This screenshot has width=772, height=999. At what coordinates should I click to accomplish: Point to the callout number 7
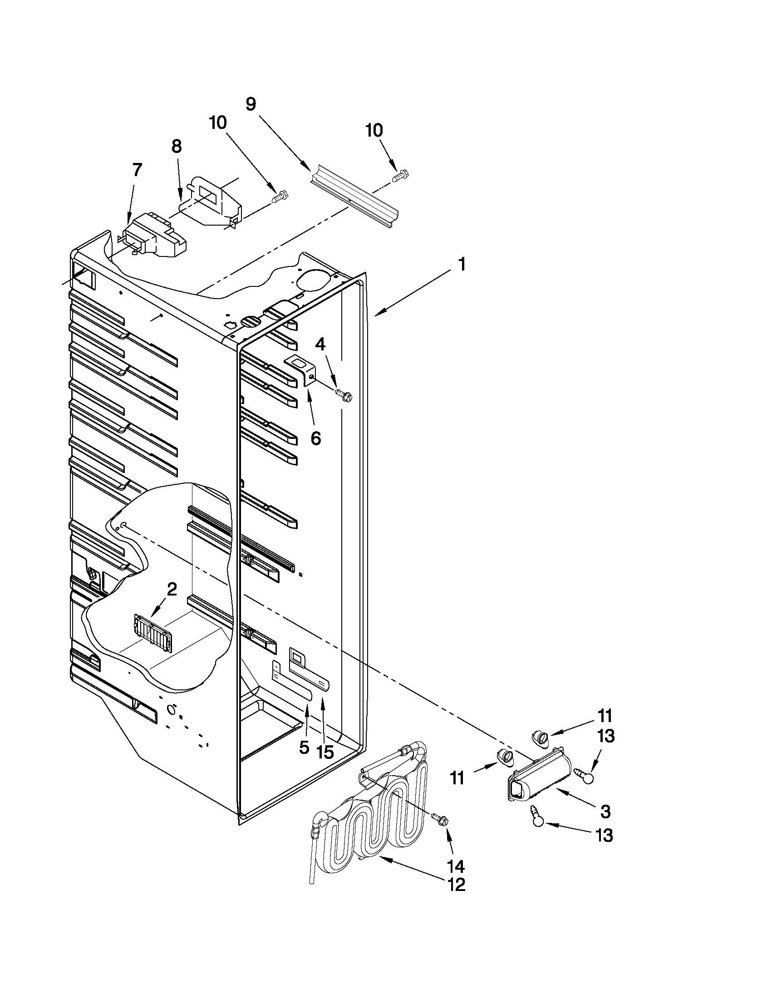click(x=137, y=170)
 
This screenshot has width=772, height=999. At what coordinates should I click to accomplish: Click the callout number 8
click(x=177, y=146)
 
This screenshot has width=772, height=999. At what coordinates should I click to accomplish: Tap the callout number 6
click(x=315, y=438)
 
